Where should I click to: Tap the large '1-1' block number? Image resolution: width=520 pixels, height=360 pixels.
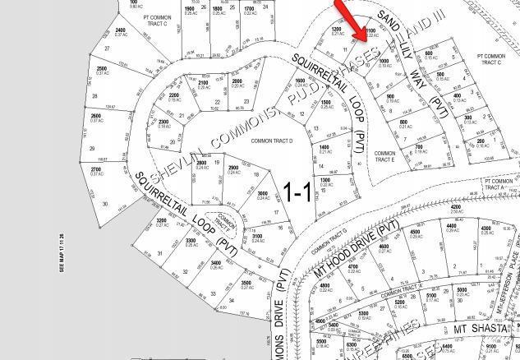click(x=297, y=192)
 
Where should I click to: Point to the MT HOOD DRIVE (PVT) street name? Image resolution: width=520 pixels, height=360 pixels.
click(x=357, y=246)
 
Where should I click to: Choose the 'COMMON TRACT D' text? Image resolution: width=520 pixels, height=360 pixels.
click(x=272, y=141)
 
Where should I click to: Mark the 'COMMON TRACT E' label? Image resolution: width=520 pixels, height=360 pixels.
click(x=384, y=155)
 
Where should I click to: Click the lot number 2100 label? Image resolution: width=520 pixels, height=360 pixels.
click(x=202, y=82)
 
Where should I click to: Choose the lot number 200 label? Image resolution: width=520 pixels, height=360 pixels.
click(x=481, y=141)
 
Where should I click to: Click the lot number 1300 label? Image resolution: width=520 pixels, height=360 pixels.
click(x=324, y=180)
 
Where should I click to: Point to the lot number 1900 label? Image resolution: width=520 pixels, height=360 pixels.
click(x=190, y=7)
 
